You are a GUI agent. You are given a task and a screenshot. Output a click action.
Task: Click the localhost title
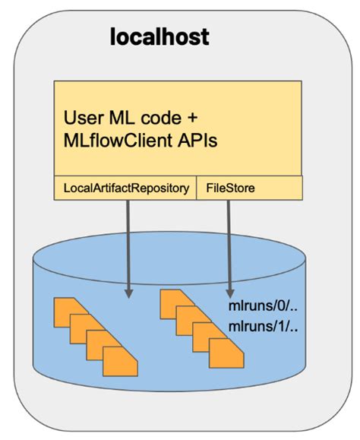(x=160, y=36)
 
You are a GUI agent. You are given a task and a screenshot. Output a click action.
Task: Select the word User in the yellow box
(x=82, y=119)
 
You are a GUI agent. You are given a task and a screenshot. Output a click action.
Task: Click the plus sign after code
(x=192, y=119)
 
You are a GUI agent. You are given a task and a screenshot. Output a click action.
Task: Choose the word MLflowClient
(x=119, y=142)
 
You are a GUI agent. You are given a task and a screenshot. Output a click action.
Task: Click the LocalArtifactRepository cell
(x=125, y=188)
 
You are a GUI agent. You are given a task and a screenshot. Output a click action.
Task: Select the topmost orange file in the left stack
(x=67, y=309)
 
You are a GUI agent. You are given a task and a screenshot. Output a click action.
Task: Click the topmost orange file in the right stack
(x=172, y=301)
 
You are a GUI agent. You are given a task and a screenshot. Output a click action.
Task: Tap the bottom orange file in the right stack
(x=225, y=355)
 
